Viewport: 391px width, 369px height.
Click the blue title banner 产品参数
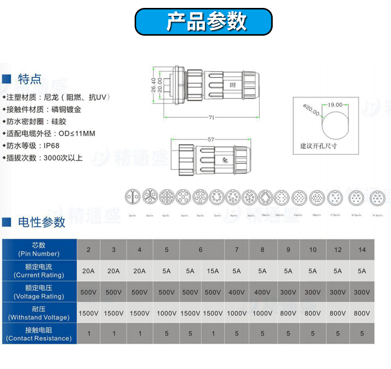coord(203,22)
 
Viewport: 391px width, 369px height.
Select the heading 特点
coord(30,79)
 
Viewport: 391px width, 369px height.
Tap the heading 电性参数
coord(42,222)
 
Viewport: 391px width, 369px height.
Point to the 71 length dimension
coord(211,117)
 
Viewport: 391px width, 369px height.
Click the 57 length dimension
coord(211,140)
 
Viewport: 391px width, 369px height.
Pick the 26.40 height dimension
coord(153,85)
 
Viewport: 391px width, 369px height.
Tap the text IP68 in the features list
coord(51,146)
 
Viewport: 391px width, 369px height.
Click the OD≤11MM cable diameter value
coord(77,133)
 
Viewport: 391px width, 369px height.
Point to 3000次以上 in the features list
coord(63,158)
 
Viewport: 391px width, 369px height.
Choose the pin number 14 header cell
coord(362,250)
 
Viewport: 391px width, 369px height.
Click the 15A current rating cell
coord(213,271)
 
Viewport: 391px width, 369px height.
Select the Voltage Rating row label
coord(39,292)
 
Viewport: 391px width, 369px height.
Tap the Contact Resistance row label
coord(39,334)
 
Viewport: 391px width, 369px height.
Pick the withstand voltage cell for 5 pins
coord(166,313)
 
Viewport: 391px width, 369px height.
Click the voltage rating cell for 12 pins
coord(338,292)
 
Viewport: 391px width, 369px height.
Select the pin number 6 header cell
coord(200,250)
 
